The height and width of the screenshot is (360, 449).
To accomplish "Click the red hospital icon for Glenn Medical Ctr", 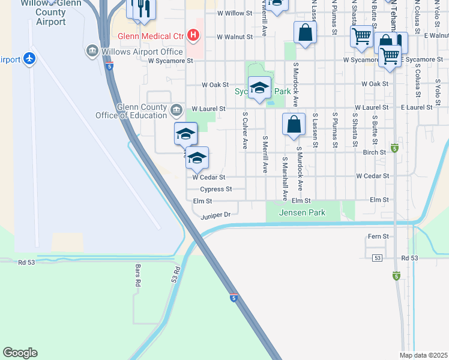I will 193,35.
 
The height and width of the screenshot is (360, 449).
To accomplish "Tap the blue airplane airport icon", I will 29,59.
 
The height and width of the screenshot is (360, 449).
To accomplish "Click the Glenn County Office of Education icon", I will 176,109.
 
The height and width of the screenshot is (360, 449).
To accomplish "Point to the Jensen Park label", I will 302,212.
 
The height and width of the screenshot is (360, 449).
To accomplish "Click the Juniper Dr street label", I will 215,214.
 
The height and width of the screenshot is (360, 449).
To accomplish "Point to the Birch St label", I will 374,152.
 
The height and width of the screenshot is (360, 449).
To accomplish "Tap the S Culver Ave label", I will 245,130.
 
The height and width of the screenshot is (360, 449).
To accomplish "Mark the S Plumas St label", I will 334,130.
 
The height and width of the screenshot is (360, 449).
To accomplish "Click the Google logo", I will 20,353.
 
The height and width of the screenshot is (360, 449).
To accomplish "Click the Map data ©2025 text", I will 423,355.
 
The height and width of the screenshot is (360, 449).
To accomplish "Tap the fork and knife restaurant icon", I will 141,9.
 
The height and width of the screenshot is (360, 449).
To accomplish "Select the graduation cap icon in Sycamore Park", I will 259,88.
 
